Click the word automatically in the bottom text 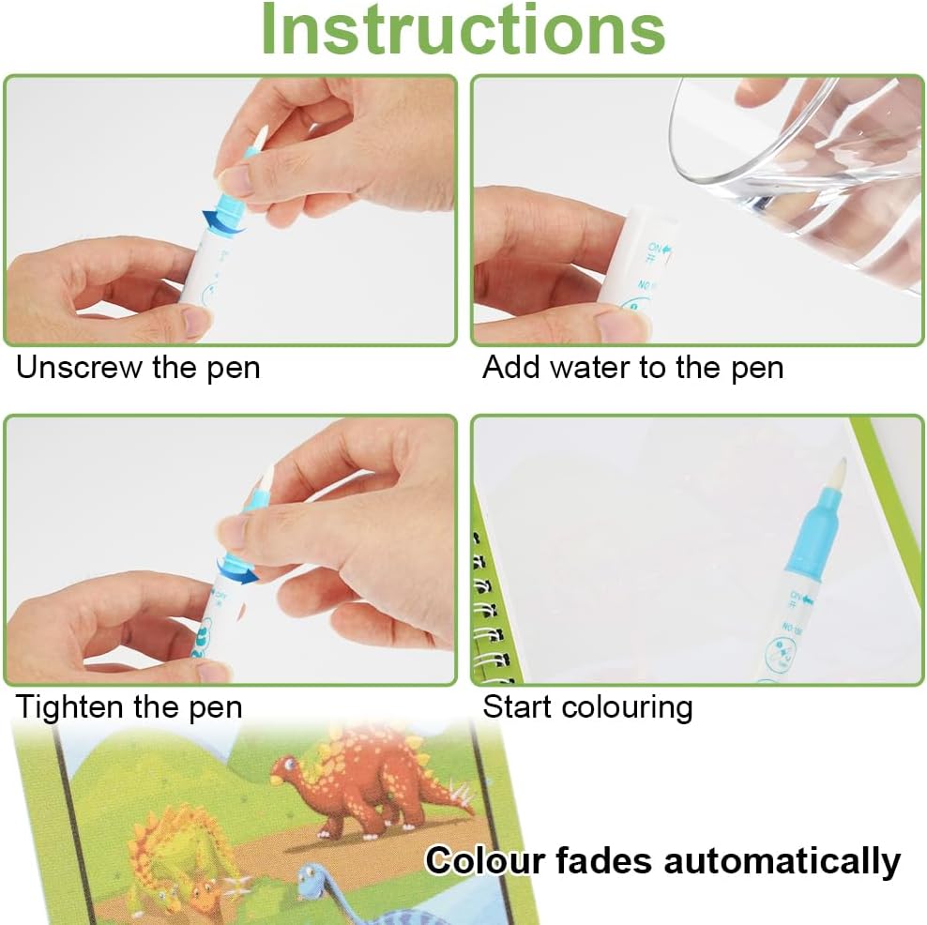pyautogui.click(x=783, y=861)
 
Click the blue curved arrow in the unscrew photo pyautogui.click(x=223, y=221)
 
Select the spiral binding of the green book pyautogui.click(x=492, y=609)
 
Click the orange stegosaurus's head pyautogui.click(x=288, y=768)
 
